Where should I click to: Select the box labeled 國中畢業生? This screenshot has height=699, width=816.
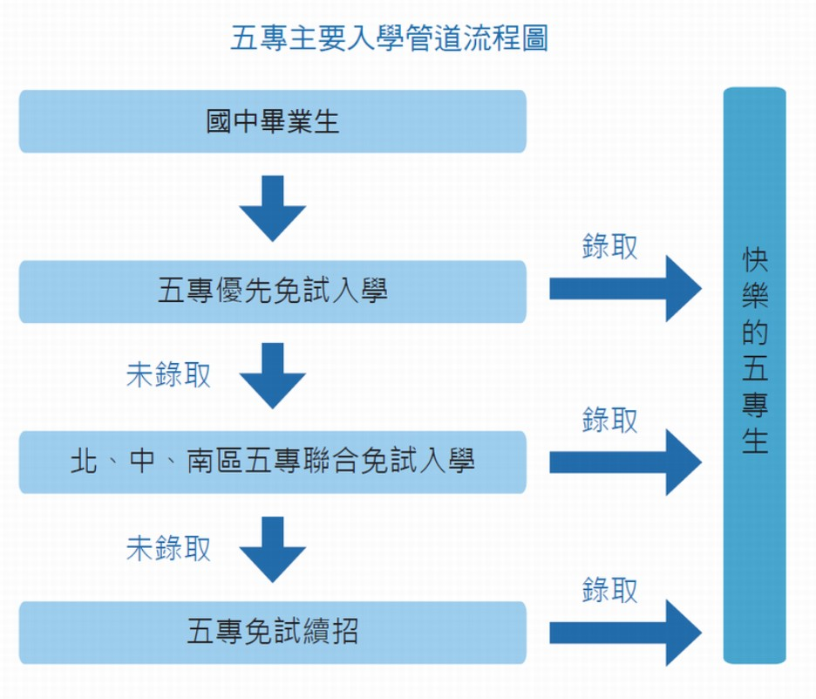click(273, 121)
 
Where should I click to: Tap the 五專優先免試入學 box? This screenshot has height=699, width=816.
click(273, 291)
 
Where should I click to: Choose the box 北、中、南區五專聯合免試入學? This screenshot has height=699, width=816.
click(273, 462)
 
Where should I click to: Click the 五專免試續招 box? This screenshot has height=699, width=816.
click(273, 632)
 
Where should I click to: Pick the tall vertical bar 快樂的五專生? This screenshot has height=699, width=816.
click(755, 375)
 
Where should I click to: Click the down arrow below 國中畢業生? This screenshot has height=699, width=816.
click(273, 208)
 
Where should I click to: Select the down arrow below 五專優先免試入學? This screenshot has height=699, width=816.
click(273, 376)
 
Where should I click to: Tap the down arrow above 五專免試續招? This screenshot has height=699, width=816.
click(273, 548)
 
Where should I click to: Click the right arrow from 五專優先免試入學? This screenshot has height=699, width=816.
click(624, 289)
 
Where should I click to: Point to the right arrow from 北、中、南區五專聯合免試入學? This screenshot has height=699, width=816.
click(624, 462)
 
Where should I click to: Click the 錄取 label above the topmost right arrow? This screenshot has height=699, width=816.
click(610, 247)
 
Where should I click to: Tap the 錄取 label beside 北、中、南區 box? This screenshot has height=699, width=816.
click(610, 421)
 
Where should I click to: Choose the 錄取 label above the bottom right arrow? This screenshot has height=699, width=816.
click(610, 591)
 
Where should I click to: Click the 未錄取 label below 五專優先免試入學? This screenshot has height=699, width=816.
click(169, 376)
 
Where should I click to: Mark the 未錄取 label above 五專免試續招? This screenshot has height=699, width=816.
click(169, 548)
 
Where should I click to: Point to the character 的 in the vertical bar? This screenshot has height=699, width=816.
click(755, 333)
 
